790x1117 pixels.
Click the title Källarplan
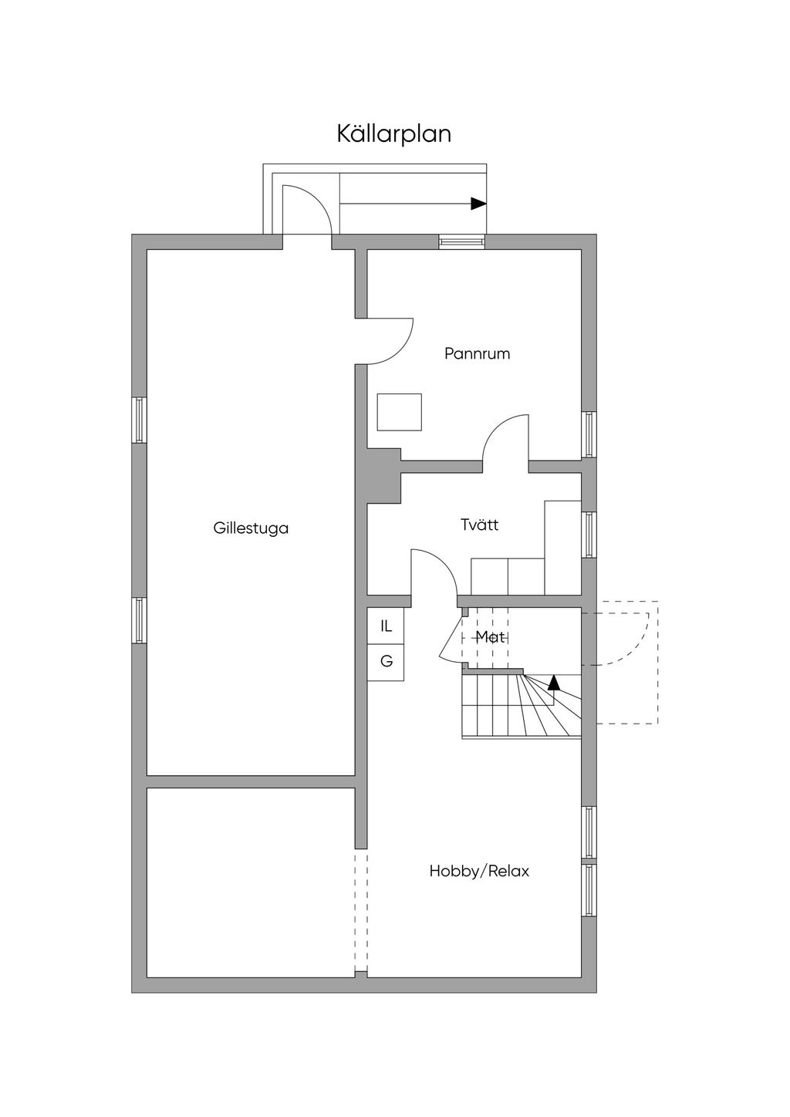[x=393, y=133]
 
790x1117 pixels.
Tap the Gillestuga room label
[x=251, y=528]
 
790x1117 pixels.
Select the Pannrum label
[x=477, y=354]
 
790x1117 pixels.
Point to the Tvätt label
[x=479, y=525]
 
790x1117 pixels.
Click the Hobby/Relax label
[x=479, y=871]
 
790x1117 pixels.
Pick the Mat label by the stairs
[x=490, y=637]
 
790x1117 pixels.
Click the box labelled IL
[x=386, y=626]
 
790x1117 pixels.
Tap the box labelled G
[x=386, y=662]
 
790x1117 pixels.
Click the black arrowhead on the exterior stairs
[x=479, y=204]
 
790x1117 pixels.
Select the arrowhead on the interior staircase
[x=554, y=682]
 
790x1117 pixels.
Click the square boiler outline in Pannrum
[x=399, y=412]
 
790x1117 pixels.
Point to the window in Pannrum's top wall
[x=462, y=241]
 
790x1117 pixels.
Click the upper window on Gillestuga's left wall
[x=139, y=420]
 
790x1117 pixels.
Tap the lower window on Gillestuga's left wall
[x=139, y=620]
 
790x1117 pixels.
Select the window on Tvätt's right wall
[x=589, y=535]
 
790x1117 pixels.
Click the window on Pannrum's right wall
[x=589, y=434]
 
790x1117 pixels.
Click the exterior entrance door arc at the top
[x=308, y=208]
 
